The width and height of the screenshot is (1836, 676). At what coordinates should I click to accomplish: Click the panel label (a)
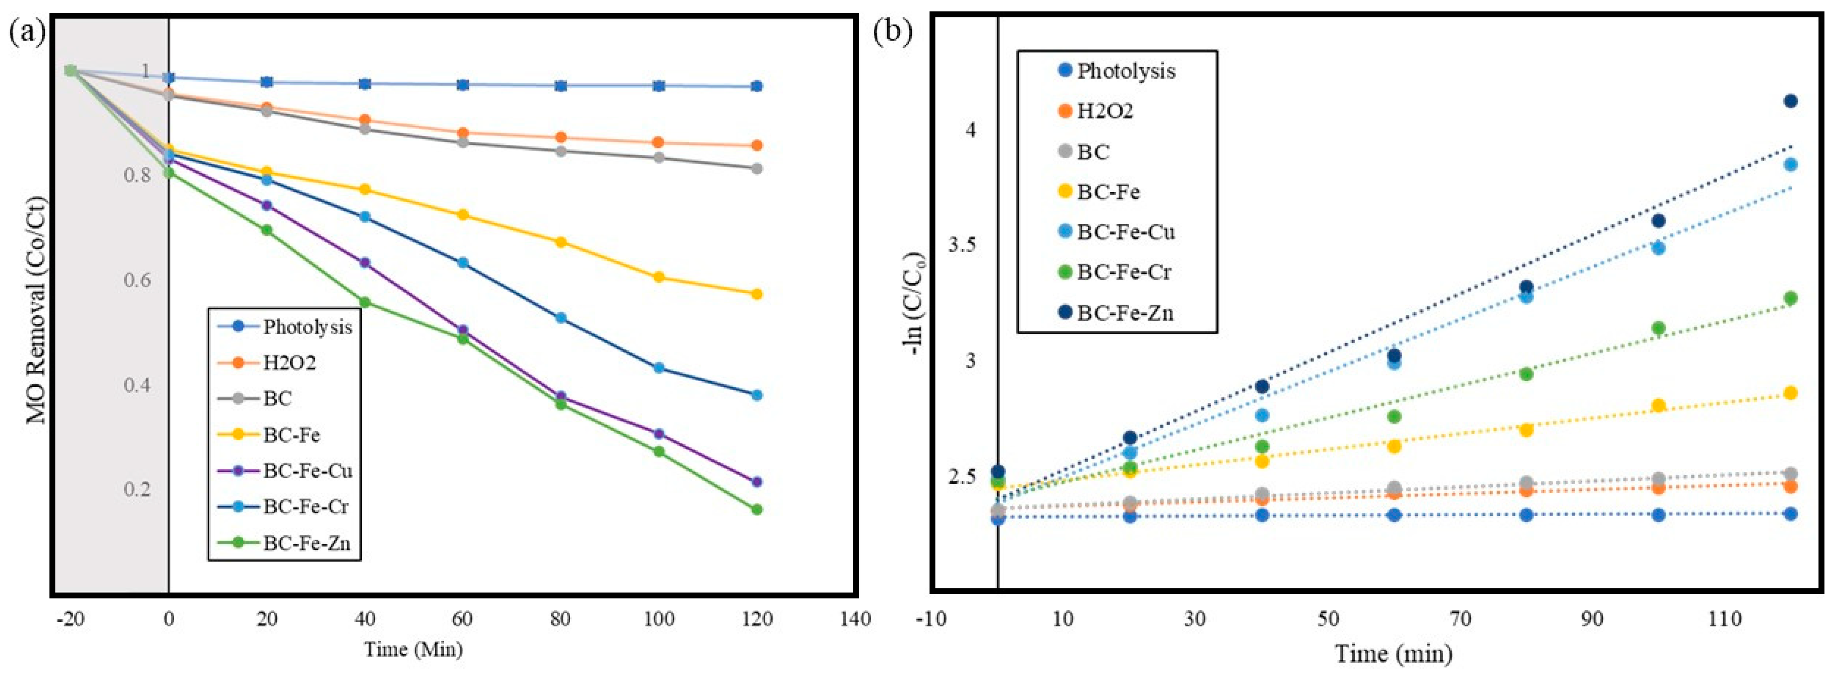click(26, 32)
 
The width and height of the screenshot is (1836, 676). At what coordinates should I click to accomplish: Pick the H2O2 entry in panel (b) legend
click(1105, 111)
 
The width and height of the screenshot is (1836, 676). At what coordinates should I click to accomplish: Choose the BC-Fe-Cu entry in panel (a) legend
click(307, 470)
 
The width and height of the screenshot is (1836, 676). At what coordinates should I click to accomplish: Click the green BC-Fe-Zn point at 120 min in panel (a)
click(757, 509)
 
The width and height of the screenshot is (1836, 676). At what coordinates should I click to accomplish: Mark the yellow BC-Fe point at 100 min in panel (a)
click(659, 276)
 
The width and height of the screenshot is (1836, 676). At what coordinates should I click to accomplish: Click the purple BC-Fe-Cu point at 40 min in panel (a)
click(365, 262)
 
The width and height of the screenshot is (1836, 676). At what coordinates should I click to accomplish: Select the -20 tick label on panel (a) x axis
click(70, 618)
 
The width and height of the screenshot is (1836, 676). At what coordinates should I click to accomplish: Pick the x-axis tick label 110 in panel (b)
click(1725, 618)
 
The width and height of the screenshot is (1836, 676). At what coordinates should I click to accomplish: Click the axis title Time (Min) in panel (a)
click(413, 650)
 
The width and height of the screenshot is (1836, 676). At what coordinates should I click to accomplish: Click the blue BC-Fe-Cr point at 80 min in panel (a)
click(561, 317)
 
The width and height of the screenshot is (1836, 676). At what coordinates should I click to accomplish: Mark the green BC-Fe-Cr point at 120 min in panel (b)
click(1790, 298)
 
